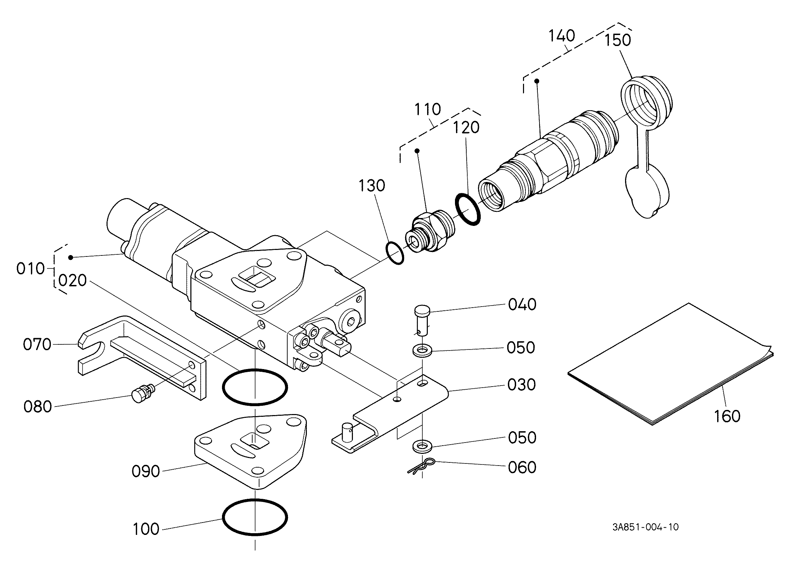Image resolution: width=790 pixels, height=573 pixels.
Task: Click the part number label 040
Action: click(x=522, y=305)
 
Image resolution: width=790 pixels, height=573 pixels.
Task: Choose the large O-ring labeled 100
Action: click(x=255, y=517)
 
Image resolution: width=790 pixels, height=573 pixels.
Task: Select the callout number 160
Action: click(x=727, y=416)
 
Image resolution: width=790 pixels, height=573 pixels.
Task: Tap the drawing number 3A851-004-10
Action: click(x=645, y=527)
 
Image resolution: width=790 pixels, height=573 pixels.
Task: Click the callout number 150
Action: click(x=617, y=40)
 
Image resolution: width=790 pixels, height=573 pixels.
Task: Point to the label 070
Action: click(x=37, y=345)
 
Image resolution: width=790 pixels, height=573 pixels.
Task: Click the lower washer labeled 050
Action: click(x=422, y=446)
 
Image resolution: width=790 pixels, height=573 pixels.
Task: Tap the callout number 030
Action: click(x=521, y=385)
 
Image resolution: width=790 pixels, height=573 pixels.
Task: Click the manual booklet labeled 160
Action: click(x=670, y=364)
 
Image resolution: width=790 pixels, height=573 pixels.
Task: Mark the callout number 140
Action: click(x=561, y=35)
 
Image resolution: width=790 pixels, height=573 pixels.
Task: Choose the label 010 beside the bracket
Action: click(x=31, y=269)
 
